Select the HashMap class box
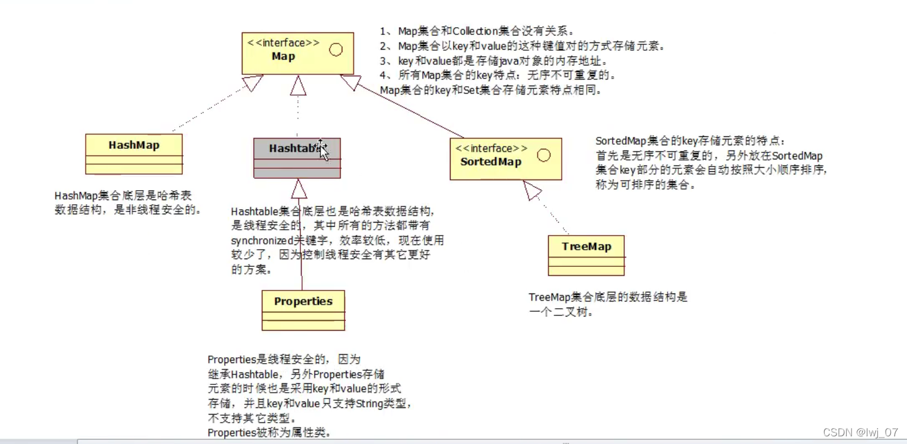[134, 154]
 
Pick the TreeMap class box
[586, 255]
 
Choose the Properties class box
[303, 310]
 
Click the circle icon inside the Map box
[336, 50]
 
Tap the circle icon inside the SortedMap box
[543, 155]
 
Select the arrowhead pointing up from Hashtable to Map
[298, 86]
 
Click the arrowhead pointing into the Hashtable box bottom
[299, 188]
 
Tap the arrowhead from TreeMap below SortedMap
[532, 190]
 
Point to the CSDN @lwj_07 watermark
[860, 432]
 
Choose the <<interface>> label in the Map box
[284, 43]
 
